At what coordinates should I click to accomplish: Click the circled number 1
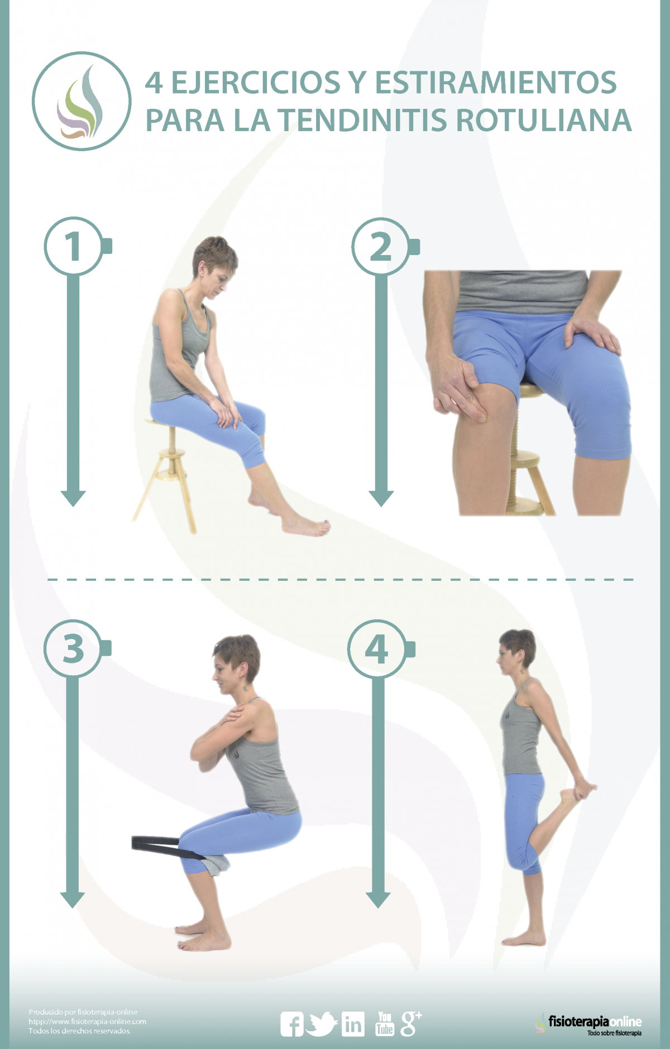tap(73, 246)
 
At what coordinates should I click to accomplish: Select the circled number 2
tap(381, 247)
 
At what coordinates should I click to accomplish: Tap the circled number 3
tap(73, 648)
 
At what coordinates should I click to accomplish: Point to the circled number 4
tap(377, 649)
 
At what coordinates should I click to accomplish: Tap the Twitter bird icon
tap(323, 1024)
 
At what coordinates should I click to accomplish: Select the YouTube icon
tap(385, 1024)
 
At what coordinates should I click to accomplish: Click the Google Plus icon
tap(411, 1024)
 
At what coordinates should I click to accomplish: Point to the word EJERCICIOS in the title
tap(255, 82)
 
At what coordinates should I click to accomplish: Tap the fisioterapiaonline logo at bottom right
tap(589, 1024)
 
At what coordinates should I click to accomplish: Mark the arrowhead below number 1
tap(73, 498)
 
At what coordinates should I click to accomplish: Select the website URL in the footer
tap(88, 1022)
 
